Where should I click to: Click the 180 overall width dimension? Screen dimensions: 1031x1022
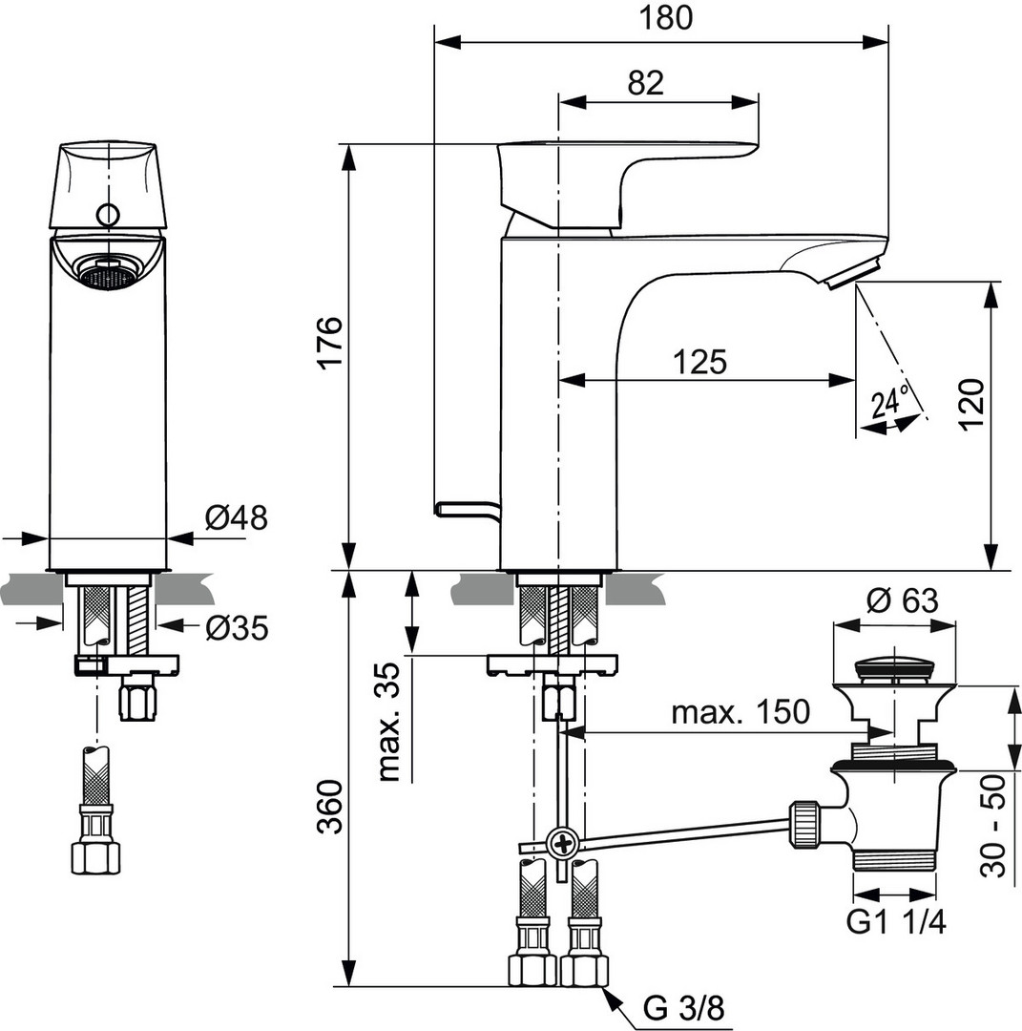pos(660,18)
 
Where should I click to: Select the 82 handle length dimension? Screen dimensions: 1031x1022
pos(646,83)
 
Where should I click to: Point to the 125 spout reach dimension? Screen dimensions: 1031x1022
pos(699,362)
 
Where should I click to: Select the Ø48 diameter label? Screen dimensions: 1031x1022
pos(236,517)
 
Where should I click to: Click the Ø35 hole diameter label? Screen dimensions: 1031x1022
pos(236,627)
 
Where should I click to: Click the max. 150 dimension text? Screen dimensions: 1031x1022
pos(740,712)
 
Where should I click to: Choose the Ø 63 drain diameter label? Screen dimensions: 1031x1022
pos(902,600)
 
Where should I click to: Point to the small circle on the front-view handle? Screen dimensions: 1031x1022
pos(108,214)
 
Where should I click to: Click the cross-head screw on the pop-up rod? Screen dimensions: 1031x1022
pos(561,843)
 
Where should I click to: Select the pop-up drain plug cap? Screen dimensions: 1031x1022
pos(894,666)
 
